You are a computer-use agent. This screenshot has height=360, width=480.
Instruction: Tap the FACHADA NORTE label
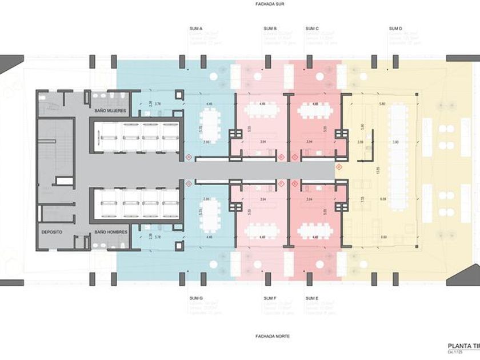click(x=272, y=337)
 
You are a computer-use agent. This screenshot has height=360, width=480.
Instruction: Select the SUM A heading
click(x=196, y=29)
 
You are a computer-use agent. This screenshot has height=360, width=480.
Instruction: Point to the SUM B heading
click(x=270, y=29)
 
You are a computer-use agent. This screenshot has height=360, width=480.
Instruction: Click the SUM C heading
click(x=312, y=29)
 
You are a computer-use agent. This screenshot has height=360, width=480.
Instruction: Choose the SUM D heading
click(x=395, y=29)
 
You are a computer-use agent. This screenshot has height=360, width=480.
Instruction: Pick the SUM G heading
click(x=196, y=298)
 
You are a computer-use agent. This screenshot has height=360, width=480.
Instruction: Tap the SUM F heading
click(x=270, y=298)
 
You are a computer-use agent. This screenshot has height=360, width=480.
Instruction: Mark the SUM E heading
click(x=312, y=298)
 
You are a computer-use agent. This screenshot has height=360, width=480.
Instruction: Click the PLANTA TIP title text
click(x=463, y=346)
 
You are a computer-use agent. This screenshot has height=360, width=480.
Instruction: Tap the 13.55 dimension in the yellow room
click(x=378, y=170)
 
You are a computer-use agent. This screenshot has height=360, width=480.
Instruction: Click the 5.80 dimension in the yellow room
click(x=382, y=104)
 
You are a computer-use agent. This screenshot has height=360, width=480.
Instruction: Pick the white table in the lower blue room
click(x=211, y=216)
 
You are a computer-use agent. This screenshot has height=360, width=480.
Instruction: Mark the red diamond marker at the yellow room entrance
click(x=339, y=167)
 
